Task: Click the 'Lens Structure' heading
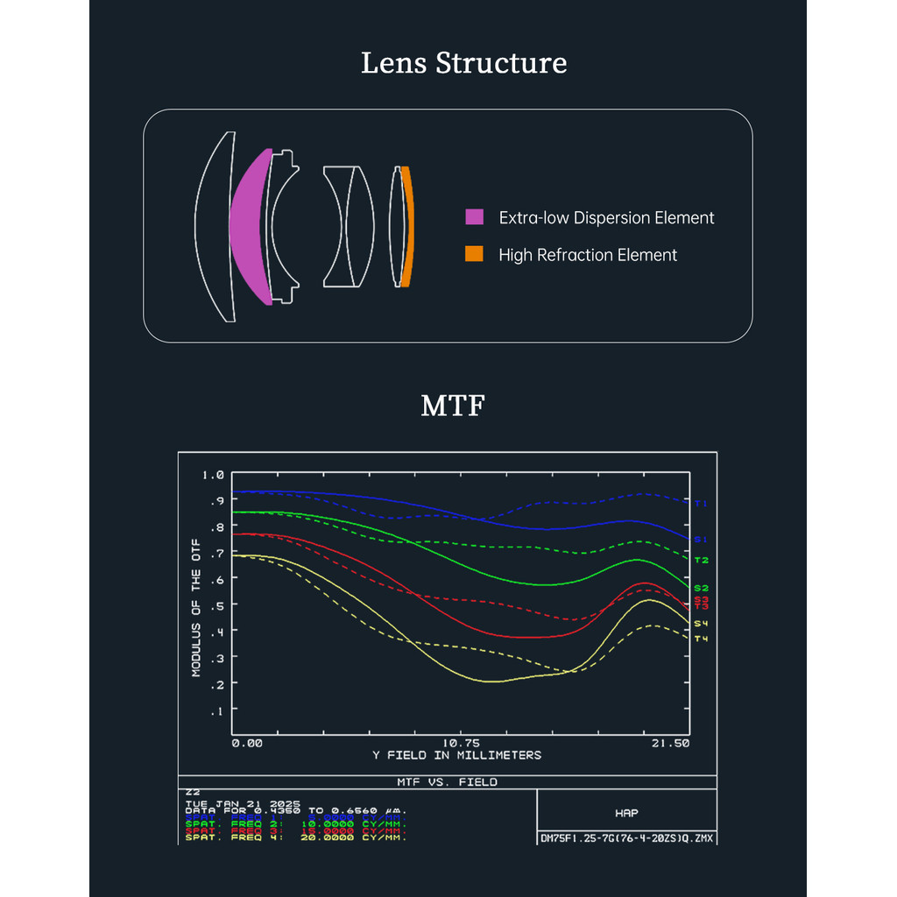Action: [x=463, y=64]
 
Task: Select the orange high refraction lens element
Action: [x=406, y=227]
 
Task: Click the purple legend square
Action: [x=474, y=217]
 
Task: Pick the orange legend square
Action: [x=474, y=255]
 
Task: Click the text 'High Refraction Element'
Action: [x=588, y=255]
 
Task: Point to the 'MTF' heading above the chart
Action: [x=452, y=406]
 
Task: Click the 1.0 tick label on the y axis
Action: [x=213, y=475]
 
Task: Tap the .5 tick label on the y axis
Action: [x=216, y=605]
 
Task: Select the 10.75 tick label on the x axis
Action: [x=456, y=743]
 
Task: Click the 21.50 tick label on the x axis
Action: [x=671, y=743]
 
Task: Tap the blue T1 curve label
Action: [x=701, y=504]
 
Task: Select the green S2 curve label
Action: [x=701, y=588]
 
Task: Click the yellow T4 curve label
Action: [x=701, y=639]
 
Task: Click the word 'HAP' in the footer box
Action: [x=627, y=814]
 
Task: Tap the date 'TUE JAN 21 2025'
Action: [x=243, y=803]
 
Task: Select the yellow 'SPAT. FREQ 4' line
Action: [x=296, y=837]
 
